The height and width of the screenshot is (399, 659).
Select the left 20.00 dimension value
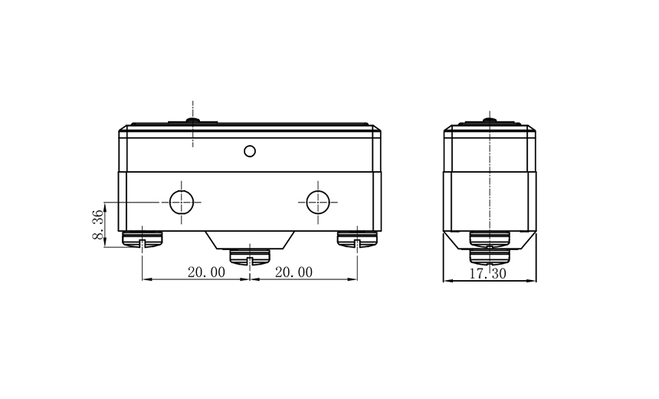205,272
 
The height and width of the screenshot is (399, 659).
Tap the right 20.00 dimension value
293,272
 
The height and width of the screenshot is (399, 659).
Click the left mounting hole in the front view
182,203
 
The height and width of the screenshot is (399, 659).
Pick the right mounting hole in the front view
317,203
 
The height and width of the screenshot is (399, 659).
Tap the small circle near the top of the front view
250,150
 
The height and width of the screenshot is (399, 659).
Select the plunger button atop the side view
490,120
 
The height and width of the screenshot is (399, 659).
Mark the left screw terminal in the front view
143,240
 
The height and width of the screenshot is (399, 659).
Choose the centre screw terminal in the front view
251,256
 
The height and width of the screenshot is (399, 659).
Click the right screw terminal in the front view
358,240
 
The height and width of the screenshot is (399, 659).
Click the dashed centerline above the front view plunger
193,107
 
